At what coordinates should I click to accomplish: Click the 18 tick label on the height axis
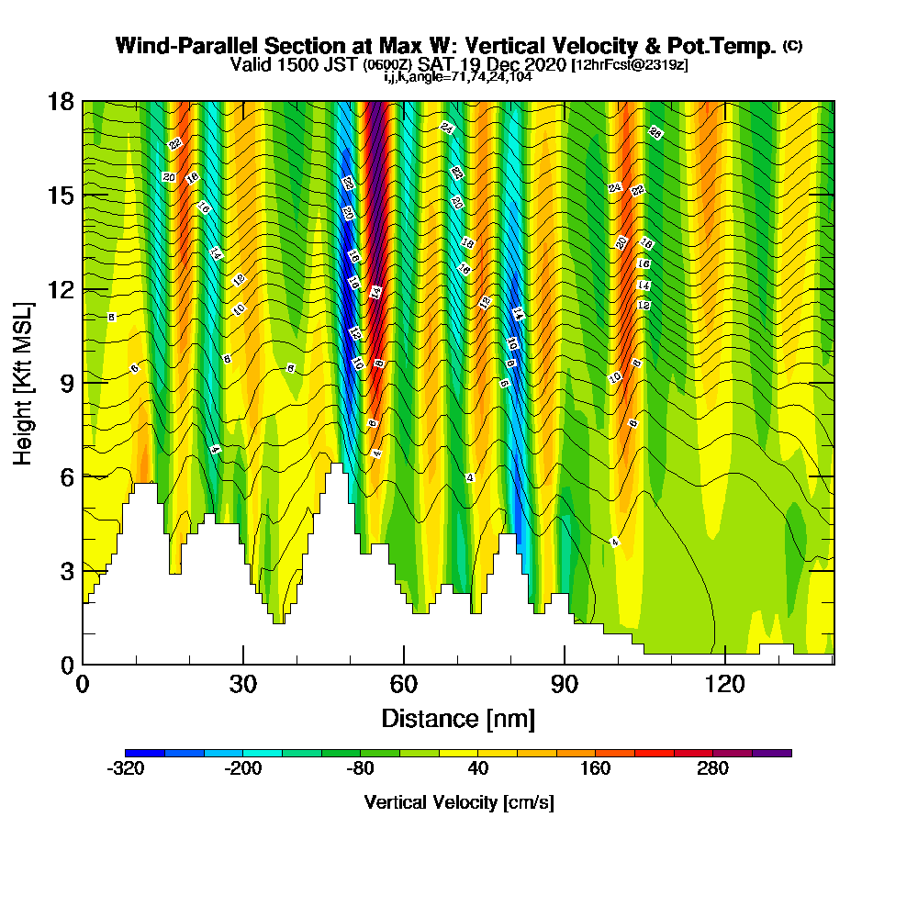tap(61, 102)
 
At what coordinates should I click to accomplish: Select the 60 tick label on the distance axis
tap(404, 684)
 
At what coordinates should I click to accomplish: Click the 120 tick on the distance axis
tap(725, 664)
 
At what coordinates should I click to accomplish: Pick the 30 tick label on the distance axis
tap(242, 684)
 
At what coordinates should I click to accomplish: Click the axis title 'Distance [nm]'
tap(458, 718)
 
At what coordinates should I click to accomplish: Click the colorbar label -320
tap(126, 769)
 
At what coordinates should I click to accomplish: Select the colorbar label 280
tap(712, 769)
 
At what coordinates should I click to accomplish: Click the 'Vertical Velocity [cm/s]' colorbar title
tap(458, 802)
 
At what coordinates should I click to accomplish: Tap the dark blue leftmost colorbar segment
tap(145, 753)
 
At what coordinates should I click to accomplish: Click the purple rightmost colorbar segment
tap(771, 753)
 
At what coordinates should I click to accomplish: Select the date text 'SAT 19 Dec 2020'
tap(496, 65)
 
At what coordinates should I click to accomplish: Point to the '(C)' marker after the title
tap(792, 45)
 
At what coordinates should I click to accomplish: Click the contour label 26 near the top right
tap(655, 132)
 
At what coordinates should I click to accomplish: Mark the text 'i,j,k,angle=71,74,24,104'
tap(457, 76)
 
